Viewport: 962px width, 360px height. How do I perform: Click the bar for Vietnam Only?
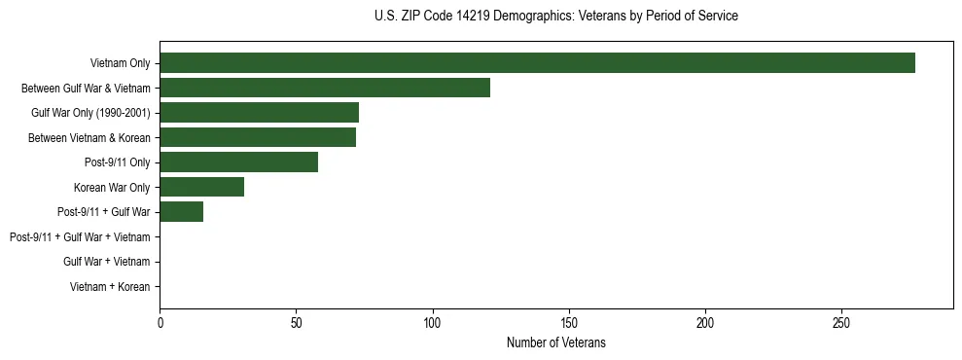[x=537, y=63]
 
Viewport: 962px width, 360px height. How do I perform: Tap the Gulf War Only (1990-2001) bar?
[x=259, y=113]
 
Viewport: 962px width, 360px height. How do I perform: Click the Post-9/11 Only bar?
[x=238, y=162]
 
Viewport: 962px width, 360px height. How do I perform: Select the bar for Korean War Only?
[x=201, y=187]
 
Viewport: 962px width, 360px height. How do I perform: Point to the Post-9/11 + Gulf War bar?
[x=181, y=212]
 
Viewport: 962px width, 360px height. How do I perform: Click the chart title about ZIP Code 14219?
[x=555, y=17]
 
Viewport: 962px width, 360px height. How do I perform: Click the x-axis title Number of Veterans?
[x=555, y=342]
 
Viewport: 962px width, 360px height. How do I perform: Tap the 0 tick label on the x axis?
[x=160, y=322]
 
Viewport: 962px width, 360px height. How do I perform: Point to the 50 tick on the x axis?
[x=296, y=322]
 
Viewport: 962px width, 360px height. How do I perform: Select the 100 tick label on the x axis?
[x=433, y=322]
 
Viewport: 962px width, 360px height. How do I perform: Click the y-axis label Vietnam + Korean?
[x=110, y=287]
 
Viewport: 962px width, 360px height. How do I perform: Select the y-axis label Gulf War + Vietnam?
[x=106, y=262]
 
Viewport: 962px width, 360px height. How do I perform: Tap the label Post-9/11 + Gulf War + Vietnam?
[x=80, y=237]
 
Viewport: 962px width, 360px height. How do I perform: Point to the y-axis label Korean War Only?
[x=111, y=188]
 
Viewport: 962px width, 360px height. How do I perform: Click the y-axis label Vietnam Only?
[x=120, y=64]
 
